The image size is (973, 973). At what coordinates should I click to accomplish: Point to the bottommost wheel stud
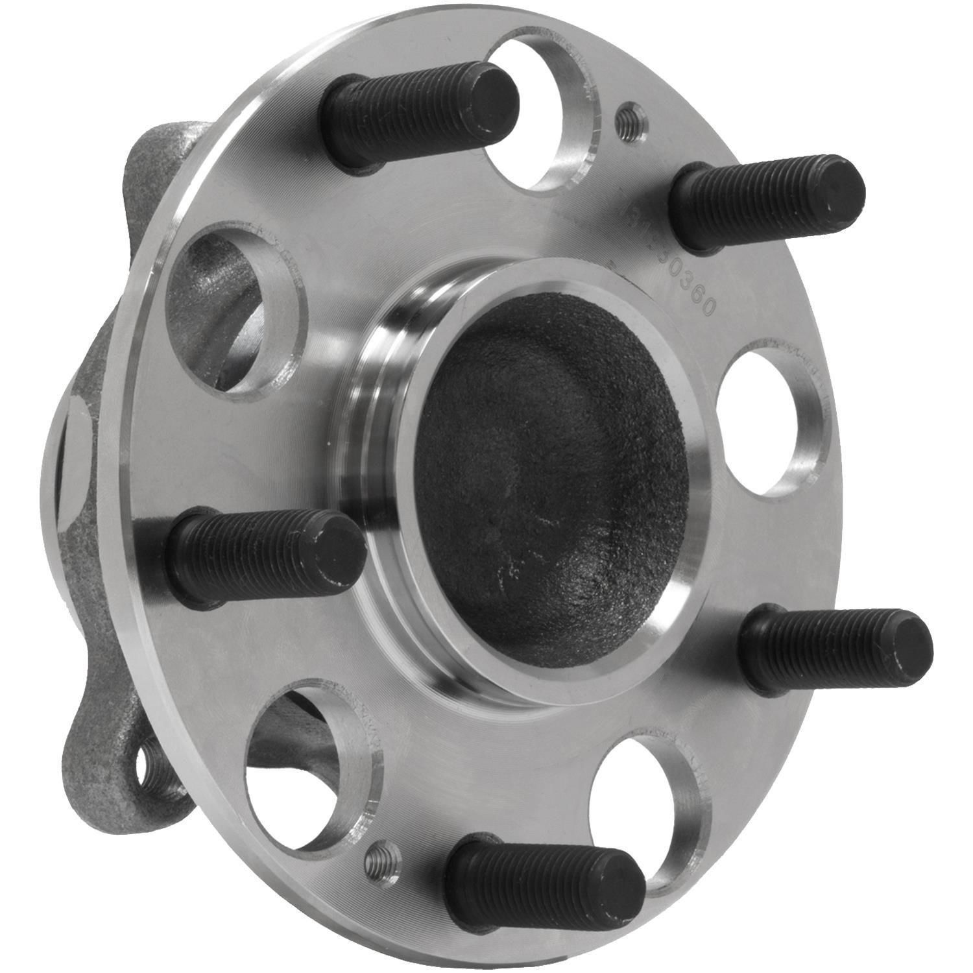[x=545, y=882]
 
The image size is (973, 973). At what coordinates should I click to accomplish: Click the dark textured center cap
[x=551, y=480]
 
